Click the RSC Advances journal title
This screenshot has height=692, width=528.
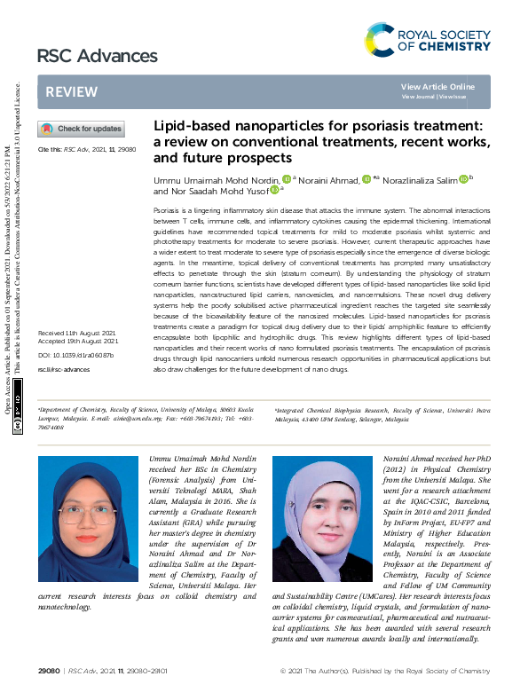tap(97, 57)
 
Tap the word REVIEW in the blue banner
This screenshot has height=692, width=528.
tap(72, 91)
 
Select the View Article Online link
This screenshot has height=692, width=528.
tap(437, 86)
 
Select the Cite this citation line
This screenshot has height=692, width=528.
tap(86, 150)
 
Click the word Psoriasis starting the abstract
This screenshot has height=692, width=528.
tap(169, 203)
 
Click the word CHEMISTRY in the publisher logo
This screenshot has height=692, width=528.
tap(455, 45)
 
